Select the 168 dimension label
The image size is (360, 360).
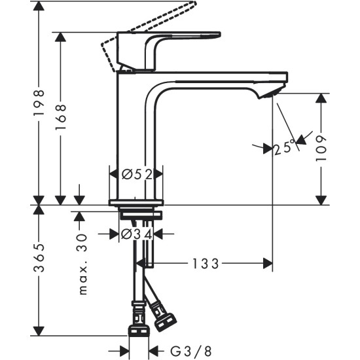(60, 118)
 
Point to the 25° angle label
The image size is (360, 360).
(283, 149)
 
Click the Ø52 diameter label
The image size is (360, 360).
(136, 174)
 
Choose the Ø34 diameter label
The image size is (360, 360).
(136, 234)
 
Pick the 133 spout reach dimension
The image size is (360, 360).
(205, 263)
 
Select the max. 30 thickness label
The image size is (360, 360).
(81, 265)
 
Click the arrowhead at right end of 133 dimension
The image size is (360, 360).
(268, 263)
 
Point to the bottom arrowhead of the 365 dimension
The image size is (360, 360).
(39, 330)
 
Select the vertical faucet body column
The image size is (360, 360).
(134, 131)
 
